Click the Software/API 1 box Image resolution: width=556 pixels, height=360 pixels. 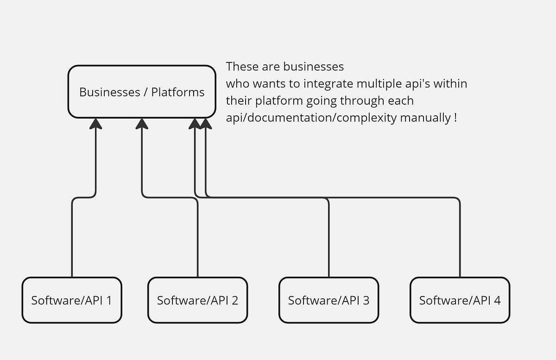[72, 300]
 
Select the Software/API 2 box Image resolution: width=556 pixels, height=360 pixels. [197, 300]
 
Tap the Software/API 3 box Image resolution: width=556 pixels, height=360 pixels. [329, 300]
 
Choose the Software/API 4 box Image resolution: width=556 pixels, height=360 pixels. [460, 300]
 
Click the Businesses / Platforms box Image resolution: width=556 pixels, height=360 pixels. [142, 92]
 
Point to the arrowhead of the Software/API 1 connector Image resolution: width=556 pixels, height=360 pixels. [95, 123]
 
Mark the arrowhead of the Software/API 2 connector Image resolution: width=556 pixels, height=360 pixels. [142, 123]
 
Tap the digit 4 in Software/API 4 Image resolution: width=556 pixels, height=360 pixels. [497, 300]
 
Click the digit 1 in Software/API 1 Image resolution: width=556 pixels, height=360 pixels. [109, 300]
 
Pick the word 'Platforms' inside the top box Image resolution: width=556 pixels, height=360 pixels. [178, 92]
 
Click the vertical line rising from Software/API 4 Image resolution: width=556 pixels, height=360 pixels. [460, 241]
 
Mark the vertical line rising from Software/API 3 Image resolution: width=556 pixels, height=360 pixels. [329, 241]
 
